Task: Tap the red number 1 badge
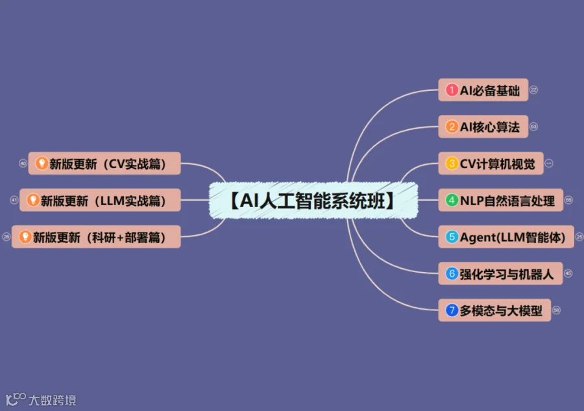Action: (x=452, y=90)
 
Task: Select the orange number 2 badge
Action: (x=452, y=127)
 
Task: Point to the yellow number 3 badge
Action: (x=452, y=164)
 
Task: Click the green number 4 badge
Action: (x=452, y=201)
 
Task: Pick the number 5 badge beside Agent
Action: (x=452, y=238)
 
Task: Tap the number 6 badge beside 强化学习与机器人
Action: (x=452, y=274)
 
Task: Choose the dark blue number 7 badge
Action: (x=452, y=310)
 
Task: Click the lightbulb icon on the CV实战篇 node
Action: (x=42, y=164)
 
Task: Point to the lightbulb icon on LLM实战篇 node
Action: (x=33, y=201)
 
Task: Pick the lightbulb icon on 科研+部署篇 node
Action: (x=25, y=237)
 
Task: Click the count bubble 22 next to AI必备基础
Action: (x=534, y=90)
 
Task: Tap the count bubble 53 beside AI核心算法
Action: (x=534, y=127)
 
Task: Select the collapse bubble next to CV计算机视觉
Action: (x=549, y=164)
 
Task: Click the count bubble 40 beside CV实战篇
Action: (x=23, y=164)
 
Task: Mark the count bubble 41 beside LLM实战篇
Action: (x=14, y=200)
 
